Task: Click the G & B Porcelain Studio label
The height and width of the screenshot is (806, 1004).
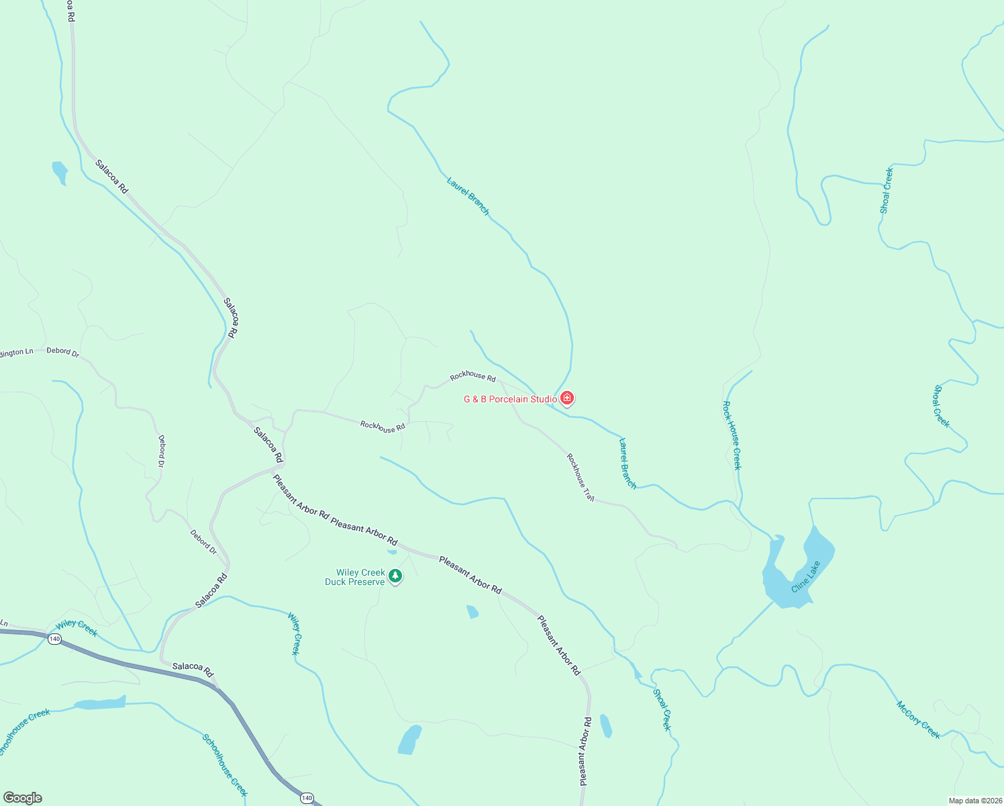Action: pyautogui.click(x=510, y=399)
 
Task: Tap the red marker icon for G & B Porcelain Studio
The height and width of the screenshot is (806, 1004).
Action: pyautogui.click(x=567, y=399)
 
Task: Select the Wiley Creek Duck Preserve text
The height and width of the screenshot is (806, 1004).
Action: pyautogui.click(x=355, y=578)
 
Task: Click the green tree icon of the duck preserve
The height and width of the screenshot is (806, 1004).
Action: pyautogui.click(x=396, y=576)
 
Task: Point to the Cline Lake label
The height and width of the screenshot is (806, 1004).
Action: pyautogui.click(x=805, y=576)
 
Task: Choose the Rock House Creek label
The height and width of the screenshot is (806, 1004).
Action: pyautogui.click(x=732, y=435)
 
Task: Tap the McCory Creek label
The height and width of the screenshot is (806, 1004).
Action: pyautogui.click(x=918, y=719)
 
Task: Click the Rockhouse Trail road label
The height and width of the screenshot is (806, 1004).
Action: pyautogui.click(x=581, y=478)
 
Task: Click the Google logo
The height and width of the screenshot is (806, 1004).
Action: pyautogui.click(x=22, y=798)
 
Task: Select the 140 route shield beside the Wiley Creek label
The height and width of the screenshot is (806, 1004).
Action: pyautogui.click(x=55, y=639)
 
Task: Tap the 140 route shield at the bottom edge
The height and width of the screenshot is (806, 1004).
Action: pyautogui.click(x=307, y=798)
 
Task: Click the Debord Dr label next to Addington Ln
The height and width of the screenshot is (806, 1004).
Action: pyautogui.click(x=62, y=351)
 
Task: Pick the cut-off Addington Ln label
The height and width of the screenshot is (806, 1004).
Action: pyautogui.click(x=16, y=352)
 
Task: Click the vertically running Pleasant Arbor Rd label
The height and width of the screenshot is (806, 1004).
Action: pyautogui.click(x=585, y=751)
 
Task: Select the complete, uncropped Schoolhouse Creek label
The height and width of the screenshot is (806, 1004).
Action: pyautogui.click(x=225, y=765)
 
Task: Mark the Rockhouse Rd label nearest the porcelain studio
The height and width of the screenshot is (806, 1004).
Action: pyautogui.click(x=472, y=377)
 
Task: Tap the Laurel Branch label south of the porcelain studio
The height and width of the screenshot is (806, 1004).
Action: pyautogui.click(x=627, y=463)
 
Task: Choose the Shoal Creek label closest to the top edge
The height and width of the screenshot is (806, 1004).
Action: pyautogui.click(x=887, y=191)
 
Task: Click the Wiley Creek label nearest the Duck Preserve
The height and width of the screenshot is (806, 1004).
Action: pyautogui.click(x=295, y=633)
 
